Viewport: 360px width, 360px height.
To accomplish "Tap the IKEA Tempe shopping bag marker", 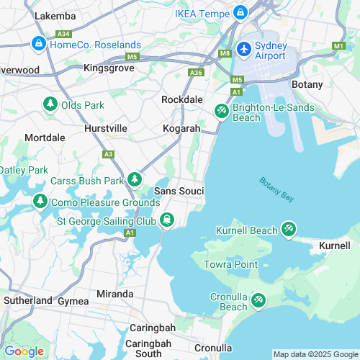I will click(240, 12).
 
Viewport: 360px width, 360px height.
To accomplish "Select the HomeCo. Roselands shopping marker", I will click(37, 45).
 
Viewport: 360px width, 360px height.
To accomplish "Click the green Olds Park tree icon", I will click(50, 105).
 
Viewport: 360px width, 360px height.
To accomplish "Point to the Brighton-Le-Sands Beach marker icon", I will click(221, 111).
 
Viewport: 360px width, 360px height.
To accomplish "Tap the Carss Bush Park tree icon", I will click(134, 178).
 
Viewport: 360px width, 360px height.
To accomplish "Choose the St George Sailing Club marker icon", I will click(166, 220).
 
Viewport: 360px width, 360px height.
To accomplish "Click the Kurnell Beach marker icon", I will click(288, 229).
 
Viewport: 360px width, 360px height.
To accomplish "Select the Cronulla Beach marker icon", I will click(258, 300).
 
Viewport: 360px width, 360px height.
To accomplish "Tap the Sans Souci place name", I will click(179, 191).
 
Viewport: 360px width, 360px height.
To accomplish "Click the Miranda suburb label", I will click(115, 294).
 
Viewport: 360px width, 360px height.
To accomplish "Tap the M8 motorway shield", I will click(225, 53).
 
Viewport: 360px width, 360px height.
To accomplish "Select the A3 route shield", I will click(108, 154).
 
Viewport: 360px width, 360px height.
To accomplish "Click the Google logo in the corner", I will click(24, 351).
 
